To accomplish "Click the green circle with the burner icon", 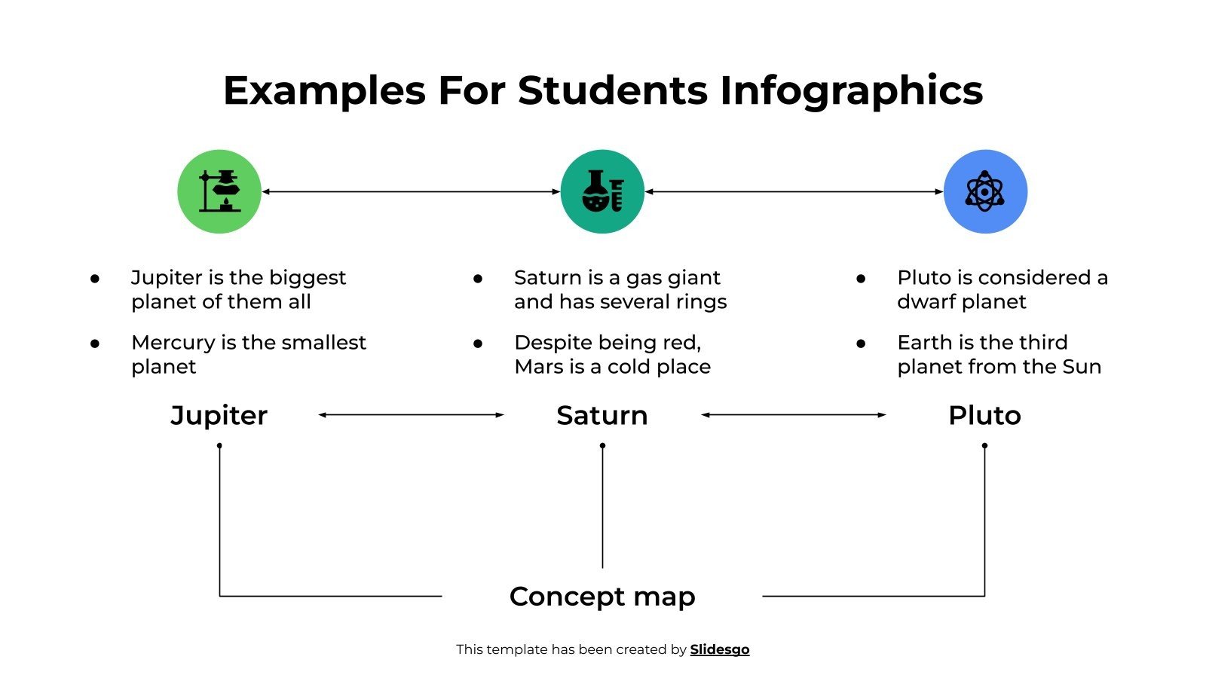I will point(219,191).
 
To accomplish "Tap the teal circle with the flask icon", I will point(602,191).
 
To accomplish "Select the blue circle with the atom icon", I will point(985,191).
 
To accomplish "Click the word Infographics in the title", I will point(851,90).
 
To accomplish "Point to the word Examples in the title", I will point(324,90).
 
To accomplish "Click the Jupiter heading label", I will point(219,415).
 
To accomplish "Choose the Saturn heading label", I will point(602,415).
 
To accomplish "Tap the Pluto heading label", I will point(984,415).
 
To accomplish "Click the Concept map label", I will point(602,596).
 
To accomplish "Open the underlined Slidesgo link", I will point(719,649).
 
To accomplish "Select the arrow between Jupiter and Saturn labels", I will point(411,414).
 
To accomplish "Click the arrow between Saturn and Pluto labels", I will point(794,414).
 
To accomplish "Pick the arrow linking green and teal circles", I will point(411,191).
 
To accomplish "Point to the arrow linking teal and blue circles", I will point(794,191).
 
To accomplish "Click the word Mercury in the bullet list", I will point(173,343).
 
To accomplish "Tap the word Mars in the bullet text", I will point(538,367).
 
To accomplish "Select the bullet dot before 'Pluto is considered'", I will point(861,279).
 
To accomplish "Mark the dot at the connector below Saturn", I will point(602,445).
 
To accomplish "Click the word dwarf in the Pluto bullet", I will point(925,302).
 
